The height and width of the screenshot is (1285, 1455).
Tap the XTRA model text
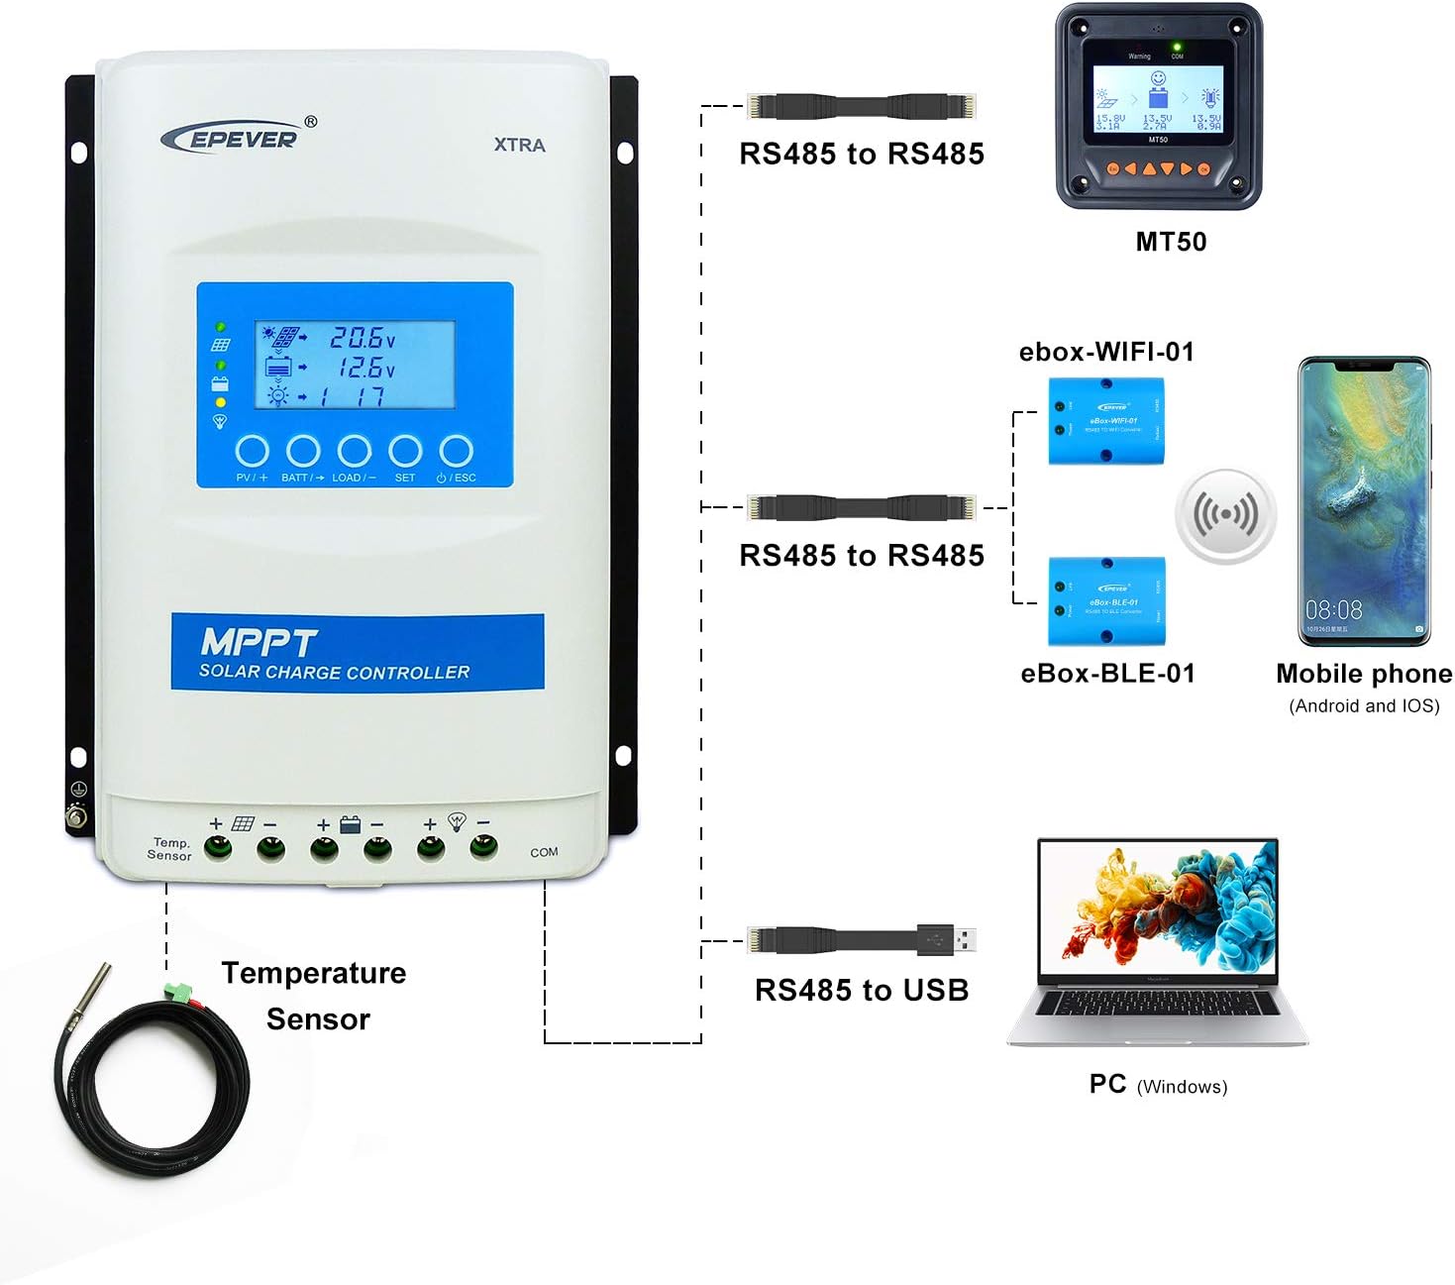point(519,145)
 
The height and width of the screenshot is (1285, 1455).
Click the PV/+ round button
point(253,452)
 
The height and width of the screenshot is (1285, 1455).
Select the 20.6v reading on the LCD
point(363,338)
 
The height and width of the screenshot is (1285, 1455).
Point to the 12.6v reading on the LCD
point(366,368)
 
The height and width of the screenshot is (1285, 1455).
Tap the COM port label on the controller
point(544,852)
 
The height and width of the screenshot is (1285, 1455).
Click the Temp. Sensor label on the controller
point(169,849)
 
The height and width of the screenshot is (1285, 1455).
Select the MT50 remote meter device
point(1158,107)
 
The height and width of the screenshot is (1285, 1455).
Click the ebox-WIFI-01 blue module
point(1106,420)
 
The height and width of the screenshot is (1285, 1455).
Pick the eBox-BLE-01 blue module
point(1106,600)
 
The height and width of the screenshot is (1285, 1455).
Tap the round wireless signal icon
point(1225,515)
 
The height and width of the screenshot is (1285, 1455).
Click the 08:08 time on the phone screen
point(1333,609)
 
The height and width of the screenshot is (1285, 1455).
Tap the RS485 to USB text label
point(862,990)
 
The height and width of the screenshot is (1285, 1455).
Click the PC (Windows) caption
point(1158,1085)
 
